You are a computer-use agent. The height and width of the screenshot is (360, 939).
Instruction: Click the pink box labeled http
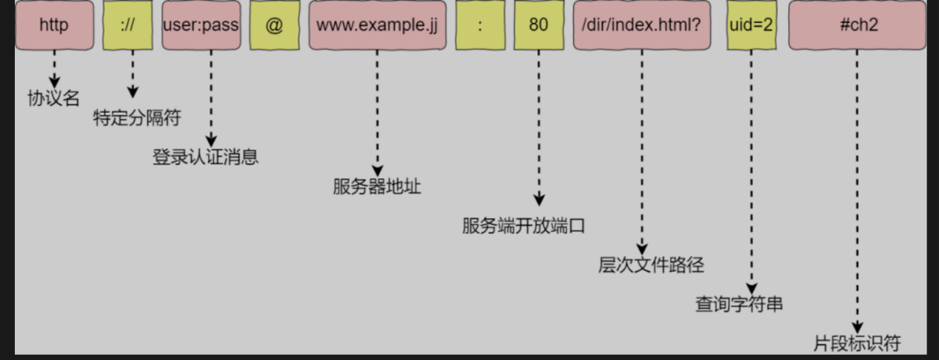(x=54, y=25)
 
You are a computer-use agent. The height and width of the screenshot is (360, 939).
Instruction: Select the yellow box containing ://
(x=128, y=25)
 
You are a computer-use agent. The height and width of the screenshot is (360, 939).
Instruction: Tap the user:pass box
(x=201, y=25)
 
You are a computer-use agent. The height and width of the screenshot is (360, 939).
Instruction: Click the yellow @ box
(x=274, y=25)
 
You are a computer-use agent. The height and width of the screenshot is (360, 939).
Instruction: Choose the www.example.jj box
(x=377, y=25)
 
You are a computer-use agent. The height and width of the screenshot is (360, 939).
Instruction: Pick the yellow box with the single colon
(x=481, y=25)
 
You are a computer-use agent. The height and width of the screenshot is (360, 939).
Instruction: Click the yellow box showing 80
(x=538, y=25)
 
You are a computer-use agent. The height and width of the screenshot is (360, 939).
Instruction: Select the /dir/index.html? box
(x=641, y=25)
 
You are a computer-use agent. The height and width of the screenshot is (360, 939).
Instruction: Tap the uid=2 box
(x=751, y=25)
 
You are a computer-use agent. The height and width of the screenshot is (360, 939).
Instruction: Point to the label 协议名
(x=53, y=99)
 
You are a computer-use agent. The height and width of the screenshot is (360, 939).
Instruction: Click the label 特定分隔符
(x=137, y=119)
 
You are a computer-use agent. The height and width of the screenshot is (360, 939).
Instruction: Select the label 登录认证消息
(x=206, y=157)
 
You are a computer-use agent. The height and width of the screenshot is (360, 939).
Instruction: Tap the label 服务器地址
(x=377, y=187)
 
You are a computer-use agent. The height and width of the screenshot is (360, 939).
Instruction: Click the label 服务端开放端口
(x=524, y=226)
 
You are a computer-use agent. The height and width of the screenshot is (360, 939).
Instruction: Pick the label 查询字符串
(x=739, y=304)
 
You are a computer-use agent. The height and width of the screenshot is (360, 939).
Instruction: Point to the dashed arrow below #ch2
(x=858, y=193)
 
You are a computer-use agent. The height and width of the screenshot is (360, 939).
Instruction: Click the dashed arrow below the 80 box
(x=539, y=126)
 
